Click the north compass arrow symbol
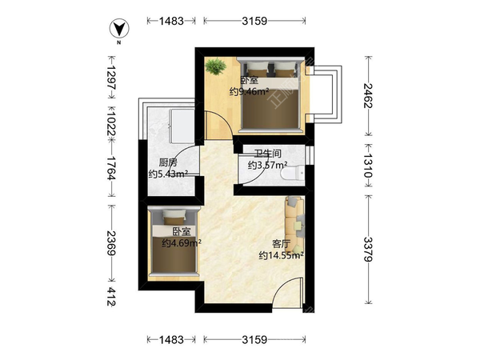(x=119, y=29)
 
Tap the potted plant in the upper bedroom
(x=216, y=66)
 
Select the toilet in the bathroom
(x=292, y=173)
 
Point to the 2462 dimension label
(x=368, y=95)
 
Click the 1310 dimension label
(x=368, y=166)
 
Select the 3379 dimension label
(x=368, y=249)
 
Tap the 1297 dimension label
(x=111, y=78)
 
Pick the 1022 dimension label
(x=111, y=124)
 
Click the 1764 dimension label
(x=111, y=168)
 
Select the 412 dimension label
(x=111, y=297)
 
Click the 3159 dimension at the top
(x=254, y=21)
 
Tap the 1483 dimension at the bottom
(x=171, y=339)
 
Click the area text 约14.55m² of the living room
(x=281, y=255)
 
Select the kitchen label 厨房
(x=168, y=162)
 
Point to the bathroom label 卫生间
(x=267, y=153)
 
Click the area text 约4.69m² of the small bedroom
(x=182, y=243)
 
